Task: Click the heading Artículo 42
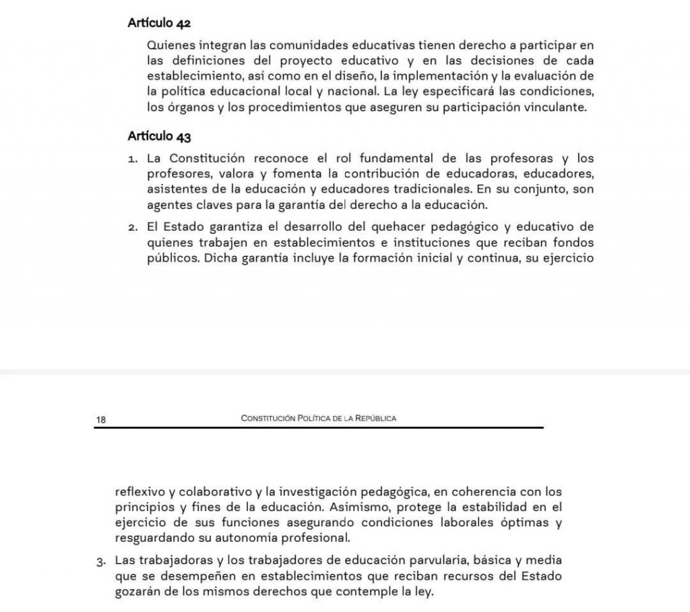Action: (159, 23)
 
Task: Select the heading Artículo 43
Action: (159, 137)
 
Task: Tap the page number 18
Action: (101, 420)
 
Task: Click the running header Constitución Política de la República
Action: (318, 419)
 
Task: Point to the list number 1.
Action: (133, 160)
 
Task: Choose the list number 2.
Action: (133, 227)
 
